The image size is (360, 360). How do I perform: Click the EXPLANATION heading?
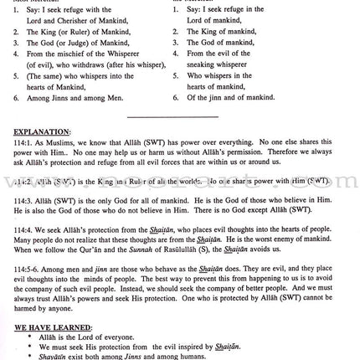click(43, 131)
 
